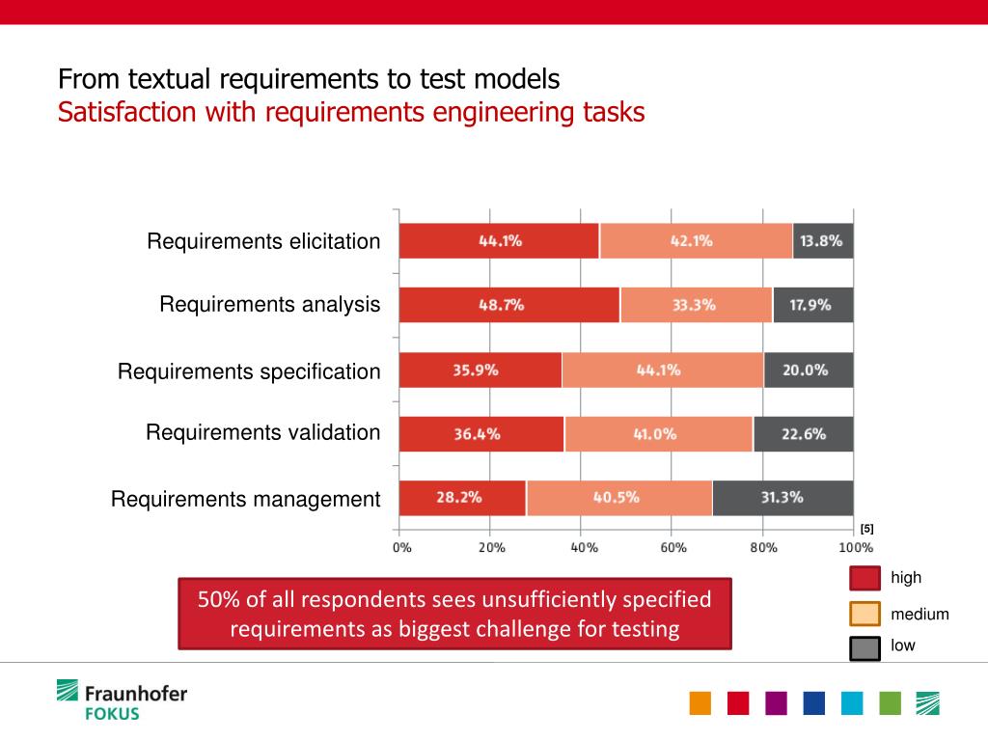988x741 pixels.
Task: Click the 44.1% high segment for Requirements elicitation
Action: pyautogui.click(x=499, y=241)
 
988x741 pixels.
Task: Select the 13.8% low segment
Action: pyautogui.click(x=823, y=241)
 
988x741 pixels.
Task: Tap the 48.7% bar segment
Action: pyautogui.click(x=508, y=305)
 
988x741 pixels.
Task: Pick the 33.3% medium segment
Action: pyautogui.click(x=696, y=305)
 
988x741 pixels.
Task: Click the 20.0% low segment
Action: pyautogui.click(x=809, y=370)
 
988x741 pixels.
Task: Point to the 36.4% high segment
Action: pyautogui.click(x=480, y=434)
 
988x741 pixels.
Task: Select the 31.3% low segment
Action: pyautogui.click(x=782, y=498)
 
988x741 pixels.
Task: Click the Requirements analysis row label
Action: pyautogui.click(x=270, y=305)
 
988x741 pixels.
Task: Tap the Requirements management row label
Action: pyautogui.click(x=246, y=500)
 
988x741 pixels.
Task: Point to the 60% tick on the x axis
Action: pyautogui.click(x=673, y=547)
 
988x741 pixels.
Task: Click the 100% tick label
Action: pyautogui.click(x=854, y=547)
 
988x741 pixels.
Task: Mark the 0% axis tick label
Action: pyautogui.click(x=402, y=547)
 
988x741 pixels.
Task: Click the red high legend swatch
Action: pyautogui.click(x=864, y=578)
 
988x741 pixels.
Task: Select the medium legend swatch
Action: pyautogui.click(x=864, y=614)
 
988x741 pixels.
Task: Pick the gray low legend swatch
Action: pyautogui.click(x=864, y=648)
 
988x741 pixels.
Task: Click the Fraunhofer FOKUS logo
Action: pyautogui.click(x=122, y=700)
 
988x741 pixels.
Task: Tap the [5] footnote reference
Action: pyautogui.click(x=866, y=529)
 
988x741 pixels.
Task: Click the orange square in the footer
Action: pyautogui.click(x=700, y=703)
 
